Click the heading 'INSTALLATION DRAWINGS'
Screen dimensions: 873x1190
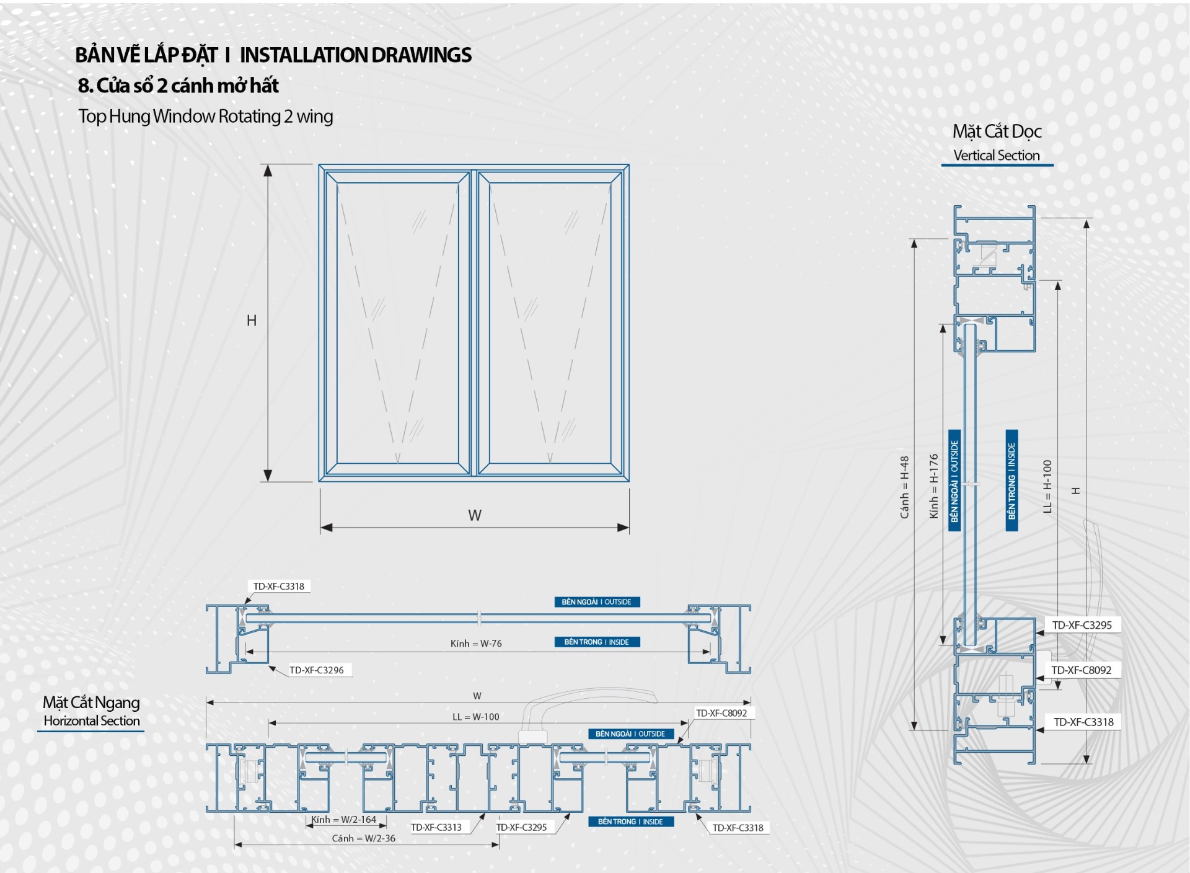coord(355,55)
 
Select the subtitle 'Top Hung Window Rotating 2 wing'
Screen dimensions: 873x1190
coord(205,116)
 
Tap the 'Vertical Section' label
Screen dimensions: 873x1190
coord(996,155)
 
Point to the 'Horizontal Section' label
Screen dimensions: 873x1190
coord(92,720)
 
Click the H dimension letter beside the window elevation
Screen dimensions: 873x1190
coord(252,321)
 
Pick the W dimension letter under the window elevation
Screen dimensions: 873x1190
coord(475,515)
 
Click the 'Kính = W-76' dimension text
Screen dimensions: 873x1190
coord(476,644)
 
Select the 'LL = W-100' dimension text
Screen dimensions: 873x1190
coord(475,717)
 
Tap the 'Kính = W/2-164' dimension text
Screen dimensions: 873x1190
coord(343,820)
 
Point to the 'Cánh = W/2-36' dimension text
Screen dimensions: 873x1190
coord(363,838)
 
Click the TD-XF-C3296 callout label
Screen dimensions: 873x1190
coord(316,670)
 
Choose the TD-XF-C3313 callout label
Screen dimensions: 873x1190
coord(436,827)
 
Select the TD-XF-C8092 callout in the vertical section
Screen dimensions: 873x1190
coord(1082,670)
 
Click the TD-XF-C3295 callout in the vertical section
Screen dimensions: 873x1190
coord(1082,625)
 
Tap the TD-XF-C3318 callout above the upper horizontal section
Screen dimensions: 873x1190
coord(279,587)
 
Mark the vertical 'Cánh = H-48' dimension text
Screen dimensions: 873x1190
coord(904,487)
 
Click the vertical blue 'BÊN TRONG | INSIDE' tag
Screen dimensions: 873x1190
coord(1011,481)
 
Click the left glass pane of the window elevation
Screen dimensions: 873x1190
coord(397,322)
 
